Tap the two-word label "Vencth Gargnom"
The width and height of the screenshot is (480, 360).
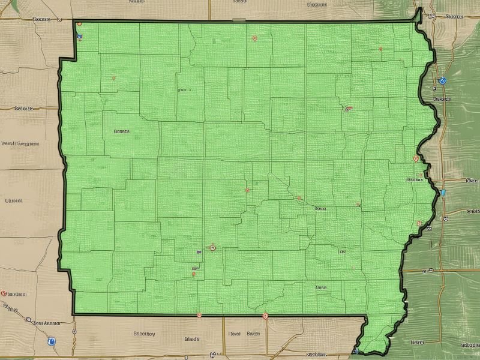coord(20,144)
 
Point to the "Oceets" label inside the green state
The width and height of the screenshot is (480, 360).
coord(121,131)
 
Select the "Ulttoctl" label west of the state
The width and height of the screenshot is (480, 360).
coord(13,200)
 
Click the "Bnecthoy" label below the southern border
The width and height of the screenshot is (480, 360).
coord(144,333)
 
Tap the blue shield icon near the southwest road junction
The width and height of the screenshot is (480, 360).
coord(51,341)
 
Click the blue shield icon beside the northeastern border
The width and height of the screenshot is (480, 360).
coord(443,79)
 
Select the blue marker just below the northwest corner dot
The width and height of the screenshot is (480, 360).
coord(79,35)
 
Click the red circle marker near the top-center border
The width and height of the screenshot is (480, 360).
coord(255,38)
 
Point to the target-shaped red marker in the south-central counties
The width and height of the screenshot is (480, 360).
coord(211,247)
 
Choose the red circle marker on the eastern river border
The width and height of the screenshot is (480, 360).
coord(415,158)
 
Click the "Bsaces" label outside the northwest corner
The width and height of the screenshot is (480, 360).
coord(41,19)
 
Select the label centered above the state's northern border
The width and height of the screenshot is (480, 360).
coord(240,2)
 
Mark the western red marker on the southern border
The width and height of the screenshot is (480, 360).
coord(199,314)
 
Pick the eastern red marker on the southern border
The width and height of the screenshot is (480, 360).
coord(266,314)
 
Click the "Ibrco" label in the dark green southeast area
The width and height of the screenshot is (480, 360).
coord(416,342)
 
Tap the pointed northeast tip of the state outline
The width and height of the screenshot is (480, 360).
coord(419,10)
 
